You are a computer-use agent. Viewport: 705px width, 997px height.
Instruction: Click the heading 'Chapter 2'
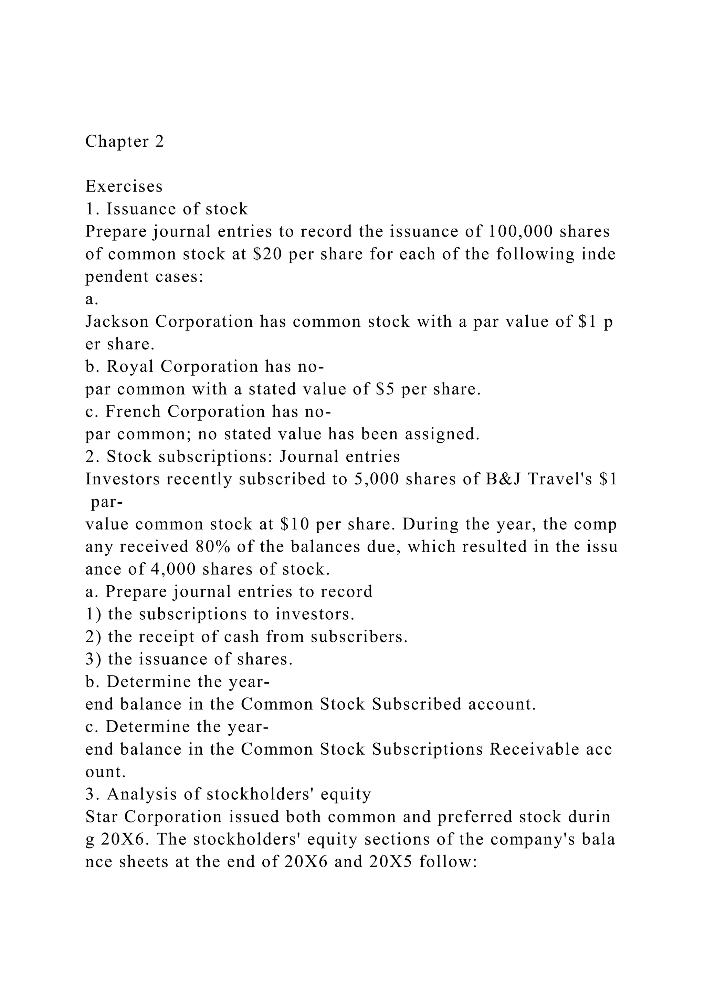point(125,141)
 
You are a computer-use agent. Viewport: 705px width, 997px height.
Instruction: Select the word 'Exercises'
point(124,186)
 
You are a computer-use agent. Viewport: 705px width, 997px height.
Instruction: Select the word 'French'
point(133,412)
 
